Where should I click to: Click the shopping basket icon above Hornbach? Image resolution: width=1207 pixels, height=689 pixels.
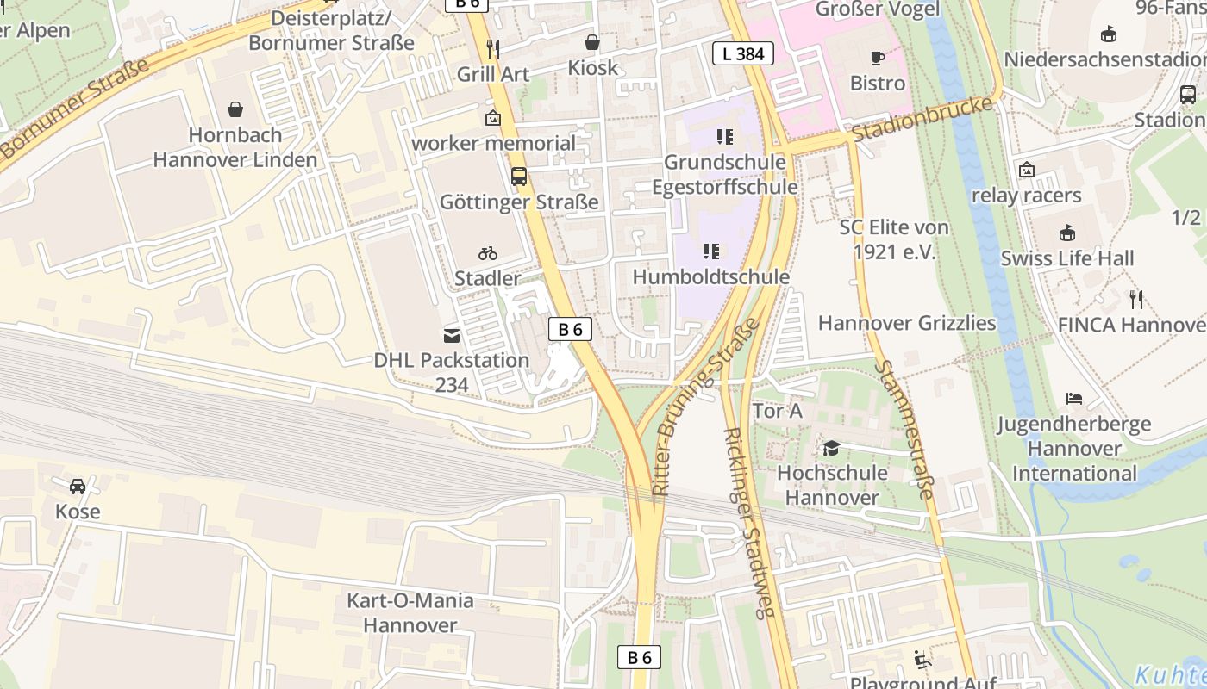click(235, 109)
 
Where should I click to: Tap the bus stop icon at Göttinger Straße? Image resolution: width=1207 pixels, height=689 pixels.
click(518, 177)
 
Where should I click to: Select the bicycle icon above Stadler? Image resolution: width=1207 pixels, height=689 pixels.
click(488, 253)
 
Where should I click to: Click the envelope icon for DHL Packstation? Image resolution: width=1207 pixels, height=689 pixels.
click(452, 335)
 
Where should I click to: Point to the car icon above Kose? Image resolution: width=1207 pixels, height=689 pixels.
click(78, 487)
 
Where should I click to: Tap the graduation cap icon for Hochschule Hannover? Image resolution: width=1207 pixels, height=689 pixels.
click(831, 448)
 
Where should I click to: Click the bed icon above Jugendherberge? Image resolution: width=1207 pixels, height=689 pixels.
click(1073, 399)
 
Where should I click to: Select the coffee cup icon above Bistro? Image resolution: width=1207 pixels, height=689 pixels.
click(878, 59)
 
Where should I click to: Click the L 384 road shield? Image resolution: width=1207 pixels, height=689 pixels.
click(742, 54)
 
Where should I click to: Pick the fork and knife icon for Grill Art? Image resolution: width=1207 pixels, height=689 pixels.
click(493, 48)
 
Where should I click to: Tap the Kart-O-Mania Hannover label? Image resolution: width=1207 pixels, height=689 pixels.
click(410, 612)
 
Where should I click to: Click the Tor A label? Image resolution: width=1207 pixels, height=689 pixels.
click(777, 412)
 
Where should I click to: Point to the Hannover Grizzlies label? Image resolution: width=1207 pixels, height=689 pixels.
click(907, 323)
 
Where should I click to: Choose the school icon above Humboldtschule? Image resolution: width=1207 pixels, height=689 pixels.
click(710, 251)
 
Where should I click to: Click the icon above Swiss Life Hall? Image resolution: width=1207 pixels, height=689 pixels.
click(1067, 233)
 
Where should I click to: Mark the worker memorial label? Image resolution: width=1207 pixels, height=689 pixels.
click(493, 143)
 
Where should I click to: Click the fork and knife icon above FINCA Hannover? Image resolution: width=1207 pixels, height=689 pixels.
click(1136, 300)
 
